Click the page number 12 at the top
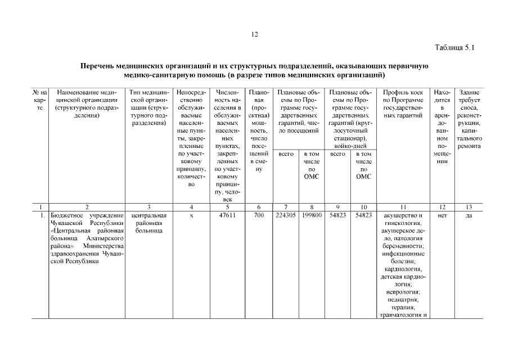[254, 35]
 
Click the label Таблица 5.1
[455, 48]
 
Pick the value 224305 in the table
[286, 215]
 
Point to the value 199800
[312, 215]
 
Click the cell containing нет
[441, 215]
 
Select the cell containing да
[469, 215]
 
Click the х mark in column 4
[191, 215]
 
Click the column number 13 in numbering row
[469, 207]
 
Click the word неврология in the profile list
[403, 292]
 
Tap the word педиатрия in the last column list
[403, 300]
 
